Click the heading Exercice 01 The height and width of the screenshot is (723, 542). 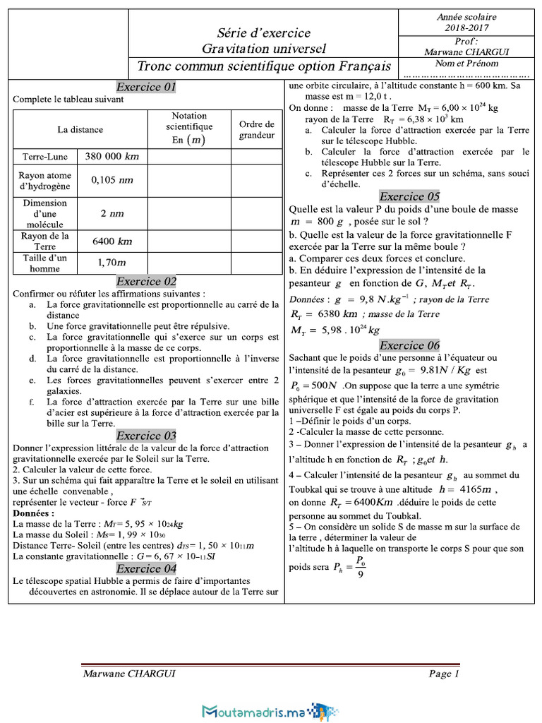[x=145, y=88]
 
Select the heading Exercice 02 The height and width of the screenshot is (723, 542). [x=146, y=281]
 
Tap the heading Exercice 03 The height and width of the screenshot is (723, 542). [x=146, y=435]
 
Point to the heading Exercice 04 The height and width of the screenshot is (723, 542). [x=146, y=568]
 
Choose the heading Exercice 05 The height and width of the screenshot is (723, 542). [x=409, y=196]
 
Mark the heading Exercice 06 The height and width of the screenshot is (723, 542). [x=409, y=345]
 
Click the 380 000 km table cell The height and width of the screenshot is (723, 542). [x=112, y=156]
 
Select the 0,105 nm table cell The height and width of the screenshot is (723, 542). [x=112, y=180]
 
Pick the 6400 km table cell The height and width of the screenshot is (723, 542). [x=112, y=241]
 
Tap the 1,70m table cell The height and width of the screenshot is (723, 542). [x=112, y=263]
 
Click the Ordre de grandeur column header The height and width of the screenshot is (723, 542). [x=256, y=129]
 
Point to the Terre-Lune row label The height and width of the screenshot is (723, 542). [x=45, y=156]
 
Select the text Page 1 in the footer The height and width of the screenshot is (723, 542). [x=444, y=674]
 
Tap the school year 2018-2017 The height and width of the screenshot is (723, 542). [x=466, y=28]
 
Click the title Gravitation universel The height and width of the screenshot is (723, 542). [x=264, y=48]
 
